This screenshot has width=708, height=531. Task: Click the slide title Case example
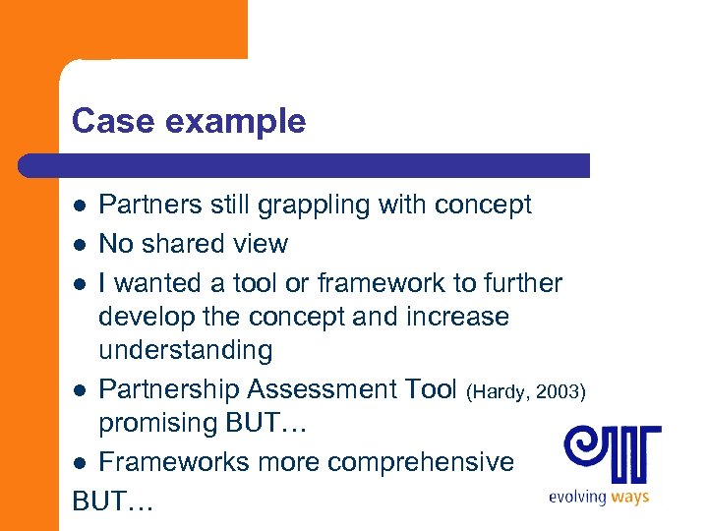pos(189,122)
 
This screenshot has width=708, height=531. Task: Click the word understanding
pos(185,350)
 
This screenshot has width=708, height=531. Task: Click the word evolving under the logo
pos(577,498)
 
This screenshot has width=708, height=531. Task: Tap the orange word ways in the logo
pos(629,498)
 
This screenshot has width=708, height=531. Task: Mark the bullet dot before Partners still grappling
pos(82,206)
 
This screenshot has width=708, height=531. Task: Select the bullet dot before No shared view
pos(82,245)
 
